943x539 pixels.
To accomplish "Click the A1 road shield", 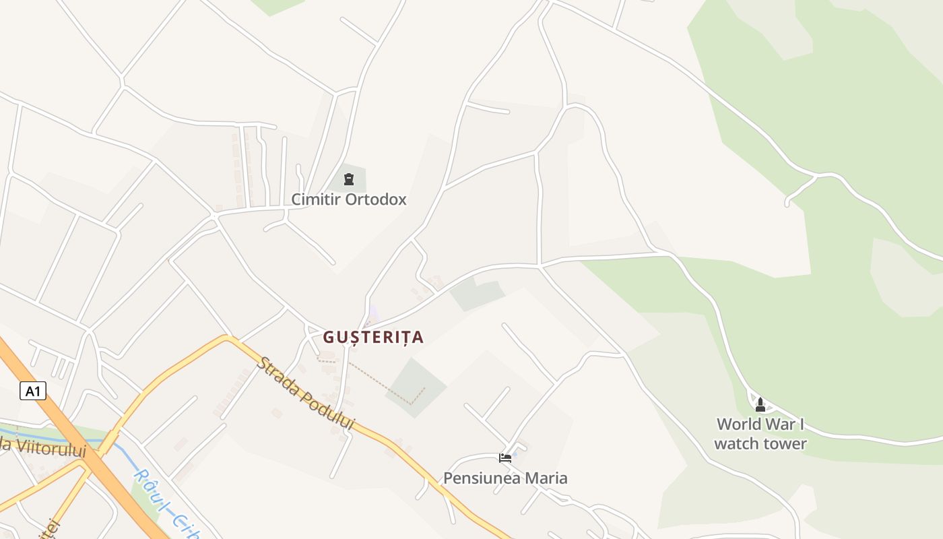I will tap(33, 391).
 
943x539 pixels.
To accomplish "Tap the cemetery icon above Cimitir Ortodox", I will tap(348, 179).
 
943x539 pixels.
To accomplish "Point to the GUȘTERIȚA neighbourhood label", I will tap(373, 337).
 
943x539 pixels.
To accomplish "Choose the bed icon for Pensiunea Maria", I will tap(505, 458).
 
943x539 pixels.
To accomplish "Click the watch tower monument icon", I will tap(760, 404).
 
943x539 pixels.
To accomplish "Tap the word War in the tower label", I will tap(783, 424).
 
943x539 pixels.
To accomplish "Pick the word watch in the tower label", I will tap(736, 443).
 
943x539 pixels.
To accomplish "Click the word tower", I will tap(785, 443).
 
